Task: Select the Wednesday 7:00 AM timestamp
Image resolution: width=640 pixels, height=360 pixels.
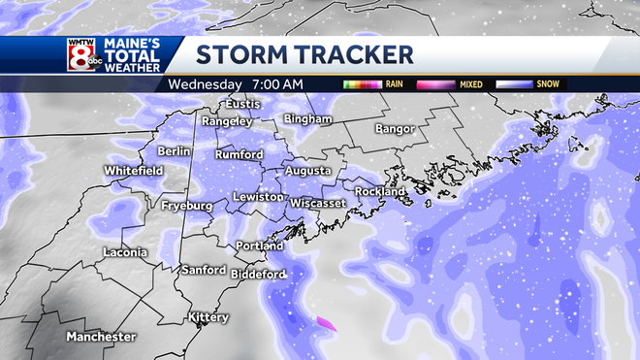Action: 236,84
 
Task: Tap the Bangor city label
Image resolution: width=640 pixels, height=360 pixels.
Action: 395,128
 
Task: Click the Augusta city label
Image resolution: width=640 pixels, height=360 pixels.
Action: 307,171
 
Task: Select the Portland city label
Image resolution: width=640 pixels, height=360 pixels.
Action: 260,245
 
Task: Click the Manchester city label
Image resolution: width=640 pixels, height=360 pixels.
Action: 101,336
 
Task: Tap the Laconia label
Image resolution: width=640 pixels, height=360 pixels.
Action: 126,253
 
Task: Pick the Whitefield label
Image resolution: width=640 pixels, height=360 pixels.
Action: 134,172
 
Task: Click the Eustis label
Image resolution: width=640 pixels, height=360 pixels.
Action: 243,103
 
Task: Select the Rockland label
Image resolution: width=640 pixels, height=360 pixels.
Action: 380,192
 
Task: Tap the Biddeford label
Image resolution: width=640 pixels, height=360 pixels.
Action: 258,275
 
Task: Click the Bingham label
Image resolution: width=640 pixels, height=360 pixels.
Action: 307,118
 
